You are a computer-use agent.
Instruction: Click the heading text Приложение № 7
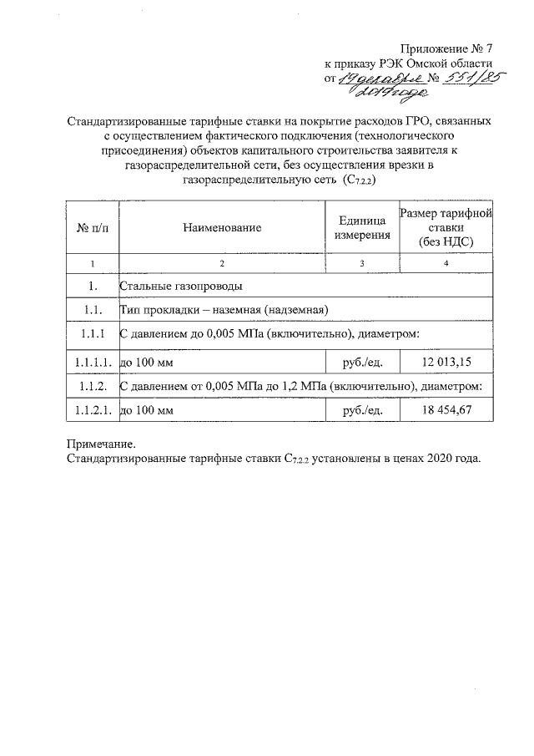[446, 47]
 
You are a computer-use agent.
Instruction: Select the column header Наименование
[222, 227]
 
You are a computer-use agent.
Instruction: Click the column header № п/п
[92, 227]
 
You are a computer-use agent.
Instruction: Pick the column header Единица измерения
[362, 227]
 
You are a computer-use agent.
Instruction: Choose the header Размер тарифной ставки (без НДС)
[446, 227]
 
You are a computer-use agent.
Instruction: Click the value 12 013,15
[446, 362]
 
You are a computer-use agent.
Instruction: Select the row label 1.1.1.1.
[92, 362]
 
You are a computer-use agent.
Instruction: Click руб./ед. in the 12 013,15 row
[363, 362]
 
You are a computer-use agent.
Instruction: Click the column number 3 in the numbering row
[362, 264]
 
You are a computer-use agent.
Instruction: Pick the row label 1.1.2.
[92, 386]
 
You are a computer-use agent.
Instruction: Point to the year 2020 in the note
[436, 459]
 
